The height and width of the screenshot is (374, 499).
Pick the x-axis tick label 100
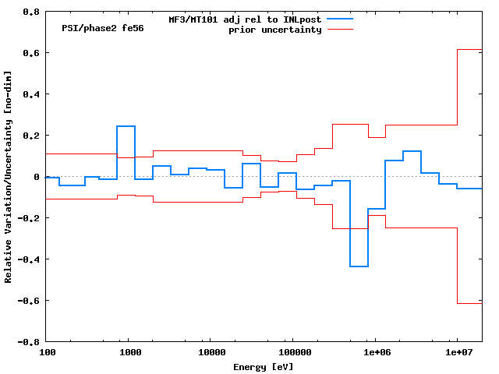[x=47, y=352]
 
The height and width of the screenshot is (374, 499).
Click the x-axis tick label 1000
[x=129, y=352]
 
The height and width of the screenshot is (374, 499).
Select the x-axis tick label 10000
[x=209, y=352]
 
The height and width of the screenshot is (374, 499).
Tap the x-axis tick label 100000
[x=292, y=352]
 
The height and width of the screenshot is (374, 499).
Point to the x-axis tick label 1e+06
[x=375, y=352]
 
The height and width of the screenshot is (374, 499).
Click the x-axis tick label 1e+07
[x=458, y=352]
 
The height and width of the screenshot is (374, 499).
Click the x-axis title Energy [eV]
[x=264, y=366]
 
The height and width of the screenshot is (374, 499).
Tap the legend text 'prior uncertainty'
[x=274, y=30]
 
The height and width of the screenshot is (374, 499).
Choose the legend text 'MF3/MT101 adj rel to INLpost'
[x=245, y=19]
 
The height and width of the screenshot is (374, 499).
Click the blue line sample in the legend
[x=340, y=19]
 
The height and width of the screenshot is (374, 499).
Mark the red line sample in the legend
[x=340, y=30]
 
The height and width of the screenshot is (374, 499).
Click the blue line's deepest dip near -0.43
[x=359, y=266]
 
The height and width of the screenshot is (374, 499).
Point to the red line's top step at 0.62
[x=469, y=49]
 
